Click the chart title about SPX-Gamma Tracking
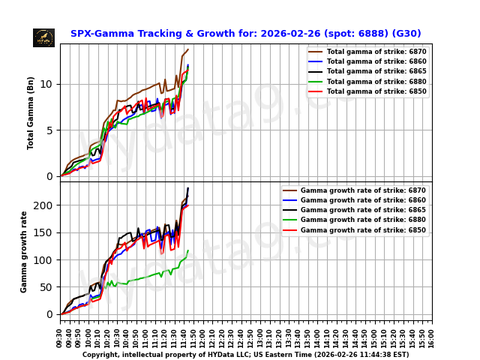[245, 34]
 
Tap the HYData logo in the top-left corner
[43, 37]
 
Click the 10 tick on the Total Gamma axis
[49, 84]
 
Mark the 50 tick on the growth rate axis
[49, 287]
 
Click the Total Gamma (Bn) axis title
[31, 112]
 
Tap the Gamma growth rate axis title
[24, 251]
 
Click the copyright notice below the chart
[245, 355]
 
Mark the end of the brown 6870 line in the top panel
[187, 49]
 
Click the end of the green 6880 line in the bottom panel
[187, 250]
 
